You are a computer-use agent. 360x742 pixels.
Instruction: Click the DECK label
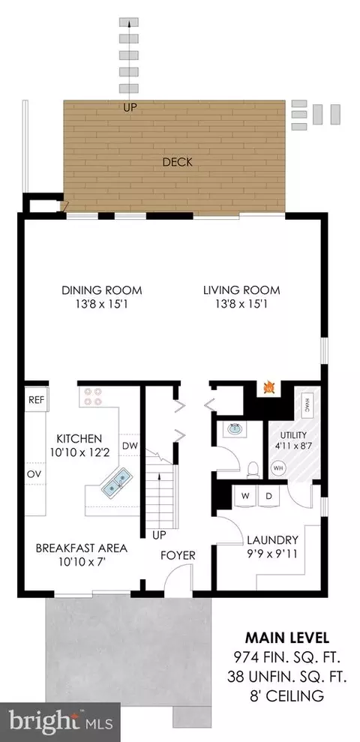pos(178,162)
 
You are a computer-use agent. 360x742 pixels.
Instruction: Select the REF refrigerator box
pos(37,400)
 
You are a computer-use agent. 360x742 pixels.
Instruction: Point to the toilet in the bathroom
pos(253,468)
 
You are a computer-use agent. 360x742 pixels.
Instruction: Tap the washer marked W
pos(245,497)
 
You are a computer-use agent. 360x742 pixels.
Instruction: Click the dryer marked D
pos(268,497)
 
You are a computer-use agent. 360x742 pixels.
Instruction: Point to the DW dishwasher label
pos(129,446)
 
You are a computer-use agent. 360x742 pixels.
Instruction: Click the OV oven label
pos(33,473)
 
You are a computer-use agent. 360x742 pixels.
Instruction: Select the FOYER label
pos(178,555)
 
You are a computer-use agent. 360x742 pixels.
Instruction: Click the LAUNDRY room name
pos(272,540)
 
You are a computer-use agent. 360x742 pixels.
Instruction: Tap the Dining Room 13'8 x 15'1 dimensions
pos(102,304)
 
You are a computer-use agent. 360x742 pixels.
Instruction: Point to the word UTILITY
pos(293,435)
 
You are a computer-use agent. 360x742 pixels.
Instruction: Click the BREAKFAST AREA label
pos(81,548)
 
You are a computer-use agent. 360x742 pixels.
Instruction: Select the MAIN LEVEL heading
pos(287,638)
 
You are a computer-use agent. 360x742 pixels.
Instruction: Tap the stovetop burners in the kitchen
pos(93,397)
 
